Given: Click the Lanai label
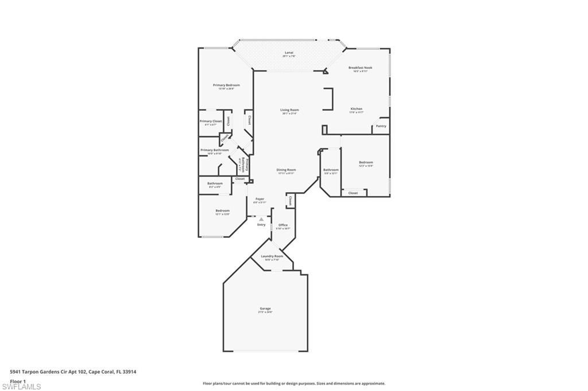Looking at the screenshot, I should [x=289, y=53].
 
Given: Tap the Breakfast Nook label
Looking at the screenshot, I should [x=360, y=68].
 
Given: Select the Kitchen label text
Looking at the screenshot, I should [x=357, y=109].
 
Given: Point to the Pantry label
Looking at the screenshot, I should [x=381, y=126].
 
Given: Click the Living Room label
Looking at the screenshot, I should [x=289, y=110].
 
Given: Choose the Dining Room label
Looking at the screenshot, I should [x=286, y=170].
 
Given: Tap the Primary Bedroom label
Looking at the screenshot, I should [x=226, y=85].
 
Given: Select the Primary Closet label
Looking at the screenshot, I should [x=211, y=122].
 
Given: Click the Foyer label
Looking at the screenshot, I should [x=260, y=199].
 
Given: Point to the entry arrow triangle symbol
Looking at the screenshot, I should [x=261, y=219].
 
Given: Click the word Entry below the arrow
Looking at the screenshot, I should [x=261, y=225].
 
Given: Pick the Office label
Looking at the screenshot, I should [x=283, y=225].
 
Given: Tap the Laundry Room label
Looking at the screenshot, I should [x=272, y=256].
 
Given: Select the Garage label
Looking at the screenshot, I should [x=265, y=308].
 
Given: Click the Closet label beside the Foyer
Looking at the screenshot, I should [x=291, y=201].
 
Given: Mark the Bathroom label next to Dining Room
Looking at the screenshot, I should [x=331, y=170].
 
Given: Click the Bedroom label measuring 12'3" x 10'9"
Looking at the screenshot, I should [x=366, y=162].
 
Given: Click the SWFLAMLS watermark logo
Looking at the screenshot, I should [x=21, y=386].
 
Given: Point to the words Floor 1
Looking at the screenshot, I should [x=18, y=381].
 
